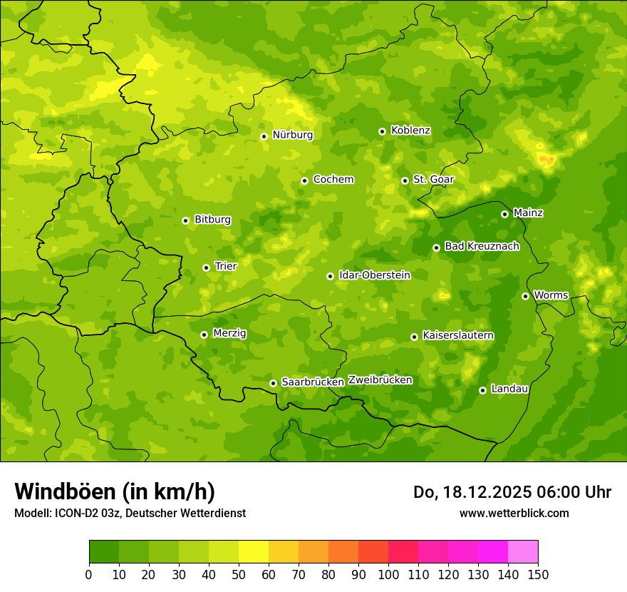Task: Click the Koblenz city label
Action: coord(410,131)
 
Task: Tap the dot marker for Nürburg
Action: coord(264,136)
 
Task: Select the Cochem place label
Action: coord(333,180)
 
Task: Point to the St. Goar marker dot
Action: coord(405,180)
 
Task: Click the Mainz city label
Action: coord(528,213)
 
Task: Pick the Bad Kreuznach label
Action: coord(482,246)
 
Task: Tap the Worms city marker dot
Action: coord(525,296)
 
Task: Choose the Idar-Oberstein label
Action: coord(374,275)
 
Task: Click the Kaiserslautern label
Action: coord(458,335)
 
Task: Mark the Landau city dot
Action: coord(482,390)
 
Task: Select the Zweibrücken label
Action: coord(380,379)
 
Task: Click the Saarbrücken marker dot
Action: coord(273,383)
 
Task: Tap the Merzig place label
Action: coord(229,333)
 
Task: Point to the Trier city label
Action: coord(226,266)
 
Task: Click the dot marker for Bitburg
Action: coord(185,220)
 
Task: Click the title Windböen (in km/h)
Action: coord(115,491)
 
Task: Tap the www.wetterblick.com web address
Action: coord(514,513)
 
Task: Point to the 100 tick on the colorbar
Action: coord(388,574)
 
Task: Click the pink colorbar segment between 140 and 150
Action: coord(523,552)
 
